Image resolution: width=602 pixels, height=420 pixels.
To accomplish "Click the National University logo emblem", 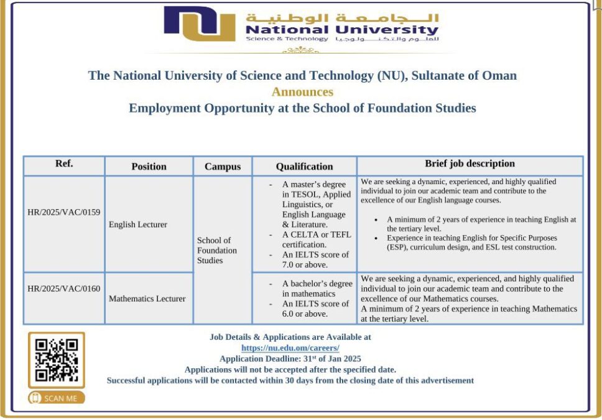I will tap(199, 24).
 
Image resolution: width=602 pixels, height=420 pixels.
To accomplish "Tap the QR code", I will tap(57, 360).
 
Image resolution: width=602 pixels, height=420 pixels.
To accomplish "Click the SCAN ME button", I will tap(57, 398).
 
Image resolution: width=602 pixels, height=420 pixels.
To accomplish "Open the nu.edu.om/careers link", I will tap(290, 348).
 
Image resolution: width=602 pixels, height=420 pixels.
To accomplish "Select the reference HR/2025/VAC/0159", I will tap(64, 212).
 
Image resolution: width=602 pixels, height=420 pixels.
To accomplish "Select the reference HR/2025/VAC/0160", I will tap(64, 288).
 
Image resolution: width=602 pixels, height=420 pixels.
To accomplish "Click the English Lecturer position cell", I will tap(138, 224).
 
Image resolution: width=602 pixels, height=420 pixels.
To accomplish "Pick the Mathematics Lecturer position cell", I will tap(147, 299).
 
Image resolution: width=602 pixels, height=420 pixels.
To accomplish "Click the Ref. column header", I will tap(64, 164).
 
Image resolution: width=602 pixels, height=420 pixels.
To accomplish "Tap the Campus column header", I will tap(223, 166).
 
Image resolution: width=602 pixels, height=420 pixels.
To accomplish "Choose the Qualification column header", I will tap(305, 166).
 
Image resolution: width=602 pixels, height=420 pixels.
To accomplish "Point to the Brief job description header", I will tap(470, 164).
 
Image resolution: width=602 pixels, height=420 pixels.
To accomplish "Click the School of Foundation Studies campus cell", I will tap(217, 250).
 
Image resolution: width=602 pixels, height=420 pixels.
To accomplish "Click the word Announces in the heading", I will tap(302, 92).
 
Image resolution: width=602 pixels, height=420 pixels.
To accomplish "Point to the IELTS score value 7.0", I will tap(289, 265).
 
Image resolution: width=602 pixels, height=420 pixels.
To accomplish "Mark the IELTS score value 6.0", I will tap(289, 314).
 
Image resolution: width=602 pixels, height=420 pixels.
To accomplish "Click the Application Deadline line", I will tap(290, 359).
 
